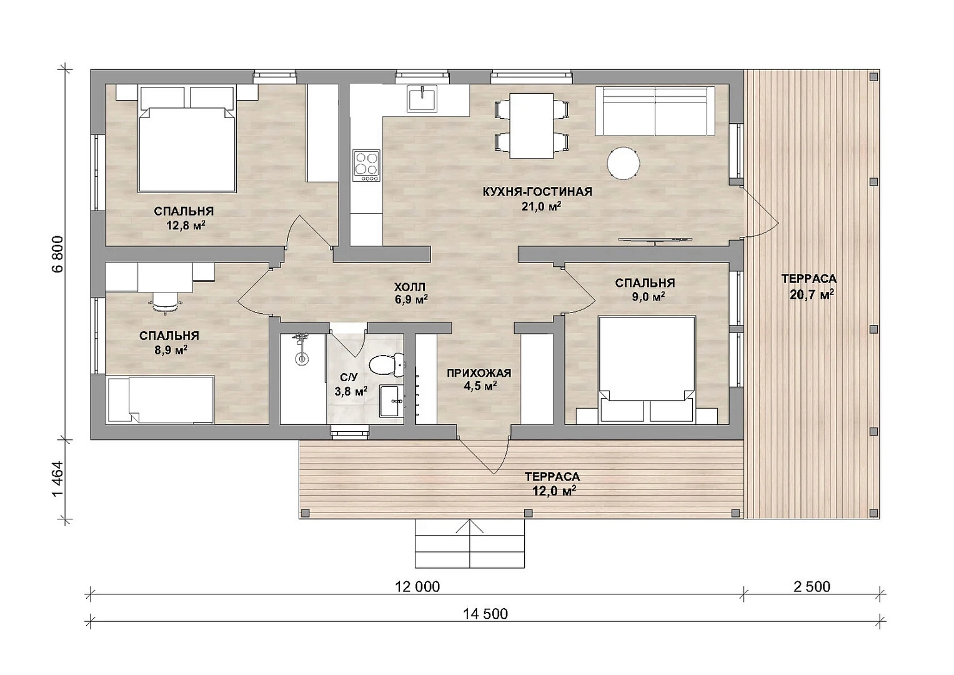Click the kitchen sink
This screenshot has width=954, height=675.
pos(422,99)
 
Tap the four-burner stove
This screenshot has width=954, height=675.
pos(366,166)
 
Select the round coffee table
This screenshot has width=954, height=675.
pos(623,163)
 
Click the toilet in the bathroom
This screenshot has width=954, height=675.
pos(385,365)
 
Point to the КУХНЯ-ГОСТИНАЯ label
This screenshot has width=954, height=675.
pos(537,192)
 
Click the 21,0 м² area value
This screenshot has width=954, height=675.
pos(541,206)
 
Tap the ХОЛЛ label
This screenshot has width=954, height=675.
pos(410,287)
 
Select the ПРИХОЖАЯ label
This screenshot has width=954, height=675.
pos(479,373)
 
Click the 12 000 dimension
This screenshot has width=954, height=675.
pos(417,587)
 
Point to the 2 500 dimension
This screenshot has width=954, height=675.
pos(812,587)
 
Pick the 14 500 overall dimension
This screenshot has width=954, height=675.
pos(485,614)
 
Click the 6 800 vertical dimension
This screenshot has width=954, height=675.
pos(58,254)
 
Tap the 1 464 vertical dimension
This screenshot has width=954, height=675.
pos(58,479)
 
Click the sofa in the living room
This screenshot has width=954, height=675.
pos(655,111)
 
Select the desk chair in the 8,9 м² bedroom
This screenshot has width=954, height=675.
pos(165,302)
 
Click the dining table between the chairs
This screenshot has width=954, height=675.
pos(531,126)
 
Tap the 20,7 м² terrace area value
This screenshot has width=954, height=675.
pos(812,294)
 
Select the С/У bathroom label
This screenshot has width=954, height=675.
pos(349,377)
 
